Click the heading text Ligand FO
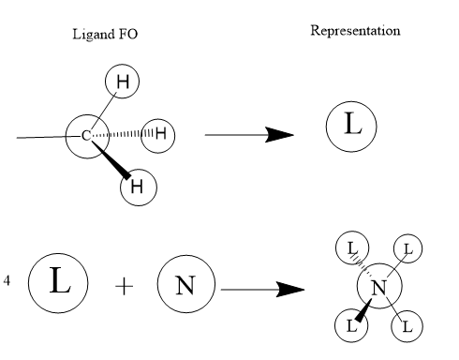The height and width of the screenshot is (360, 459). point(105,34)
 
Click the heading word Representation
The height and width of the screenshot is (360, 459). point(355,31)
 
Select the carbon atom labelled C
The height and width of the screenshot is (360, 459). point(87,136)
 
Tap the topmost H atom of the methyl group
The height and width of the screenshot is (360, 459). point(122,82)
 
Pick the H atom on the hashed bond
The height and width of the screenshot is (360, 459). point(158,135)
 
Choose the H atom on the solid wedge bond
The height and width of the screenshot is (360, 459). point(139,187)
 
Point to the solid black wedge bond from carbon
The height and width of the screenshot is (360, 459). point(111,159)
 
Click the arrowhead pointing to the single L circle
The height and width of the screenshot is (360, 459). point(279,135)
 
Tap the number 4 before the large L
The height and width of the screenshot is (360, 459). point(7,280)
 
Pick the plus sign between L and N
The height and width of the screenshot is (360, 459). point(124,286)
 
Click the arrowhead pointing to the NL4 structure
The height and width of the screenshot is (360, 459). point(290,290)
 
